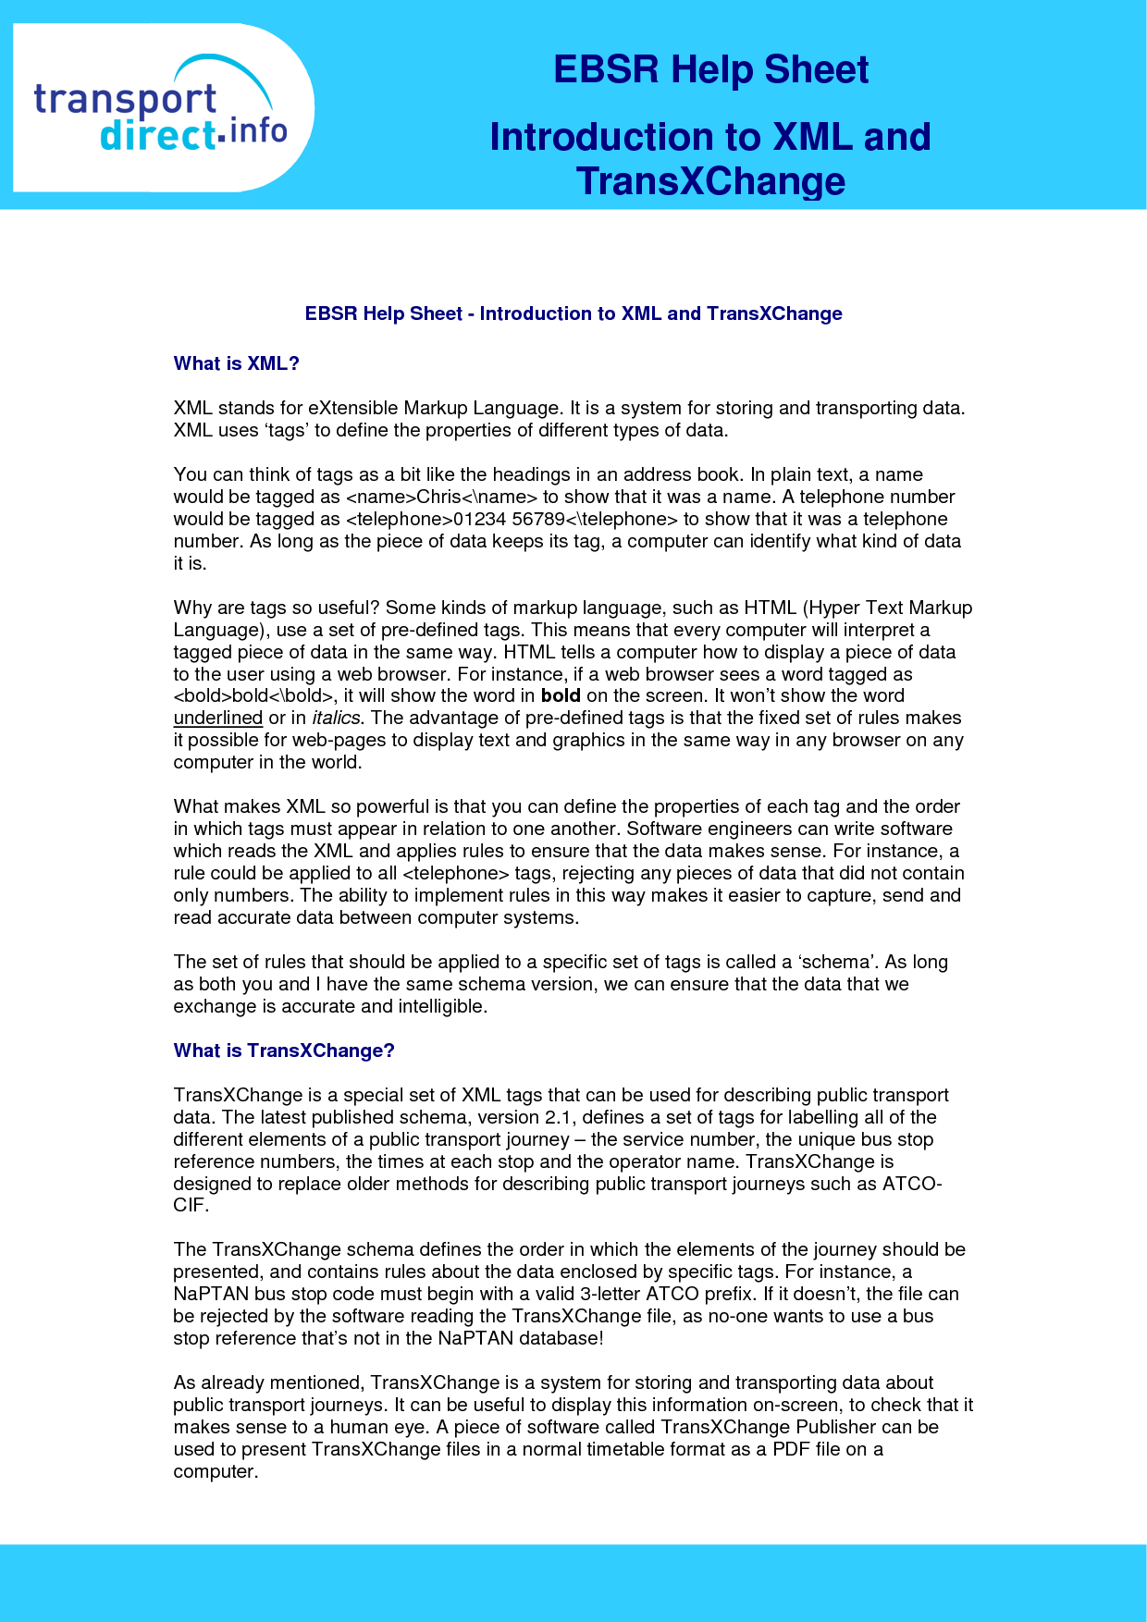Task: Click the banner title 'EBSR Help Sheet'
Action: (x=710, y=70)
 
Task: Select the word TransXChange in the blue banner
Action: (x=710, y=181)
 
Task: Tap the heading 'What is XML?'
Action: (x=237, y=363)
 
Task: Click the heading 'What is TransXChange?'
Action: (x=284, y=1051)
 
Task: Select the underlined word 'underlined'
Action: (x=218, y=718)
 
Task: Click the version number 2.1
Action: (x=559, y=1117)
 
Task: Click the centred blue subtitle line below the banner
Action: (x=573, y=313)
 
